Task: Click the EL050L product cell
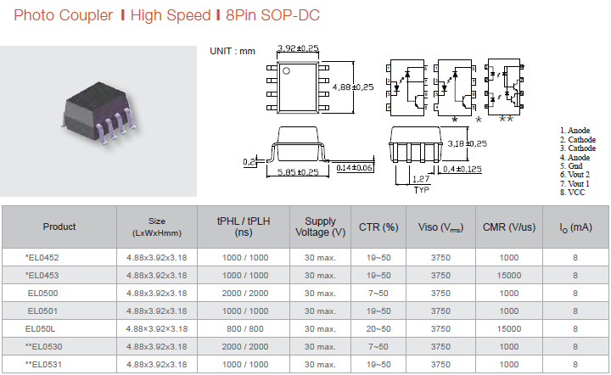pyautogui.click(x=40, y=329)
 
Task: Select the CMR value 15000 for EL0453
pyautogui.click(x=509, y=276)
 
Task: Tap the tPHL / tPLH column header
pyautogui.click(x=244, y=227)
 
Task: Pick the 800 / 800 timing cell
pyautogui.click(x=245, y=329)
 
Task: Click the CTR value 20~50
pyautogui.click(x=378, y=329)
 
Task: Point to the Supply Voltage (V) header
pyautogui.click(x=320, y=227)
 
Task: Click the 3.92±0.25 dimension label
pyautogui.click(x=298, y=48)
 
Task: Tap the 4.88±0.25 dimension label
pyautogui.click(x=353, y=87)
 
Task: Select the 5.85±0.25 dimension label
pyautogui.click(x=298, y=172)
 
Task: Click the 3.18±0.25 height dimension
pyautogui.click(x=468, y=143)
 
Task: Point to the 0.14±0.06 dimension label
pyautogui.click(x=354, y=168)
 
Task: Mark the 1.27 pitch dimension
pyautogui.click(x=421, y=179)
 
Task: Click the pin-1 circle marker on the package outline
pyautogui.click(x=287, y=71)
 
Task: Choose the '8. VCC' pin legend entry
pyautogui.click(x=573, y=193)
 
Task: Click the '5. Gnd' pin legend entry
pyautogui.click(x=571, y=166)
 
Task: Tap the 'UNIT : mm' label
pyautogui.click(x=233, y=51)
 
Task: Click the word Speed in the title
pyautogui.click(x=191, y=15)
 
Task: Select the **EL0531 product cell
pyautogui.click(x=43, y=365)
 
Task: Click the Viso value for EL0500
pyautogui.click(x=440, y=294)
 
